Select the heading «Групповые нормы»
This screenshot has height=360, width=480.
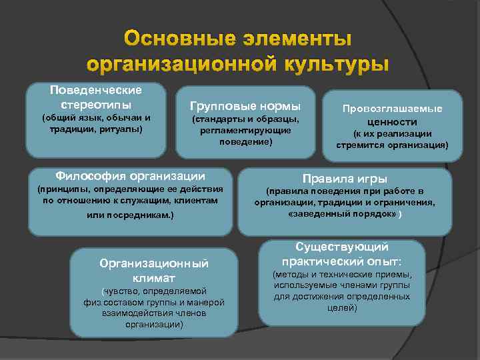[x=245, y=106]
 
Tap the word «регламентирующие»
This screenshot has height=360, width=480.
[x=245, y=131]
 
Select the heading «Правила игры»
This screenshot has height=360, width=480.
[x=345, y=178]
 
